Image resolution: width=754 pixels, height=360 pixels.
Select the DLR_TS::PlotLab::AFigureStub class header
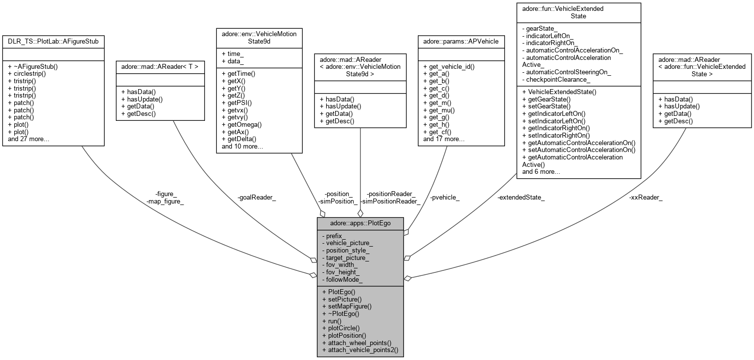[x=53, y=42]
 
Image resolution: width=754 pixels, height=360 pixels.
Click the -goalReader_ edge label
[x=256, y=198]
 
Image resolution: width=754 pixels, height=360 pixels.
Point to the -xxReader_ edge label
[x=646, y=198]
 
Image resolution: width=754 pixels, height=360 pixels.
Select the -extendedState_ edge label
[x=521, y=198]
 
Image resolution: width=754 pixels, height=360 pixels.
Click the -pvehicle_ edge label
[x=445, y=198]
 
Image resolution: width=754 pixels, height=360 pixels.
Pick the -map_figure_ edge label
[x=165, y=202]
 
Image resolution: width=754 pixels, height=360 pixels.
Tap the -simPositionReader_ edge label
[x=390, y=202]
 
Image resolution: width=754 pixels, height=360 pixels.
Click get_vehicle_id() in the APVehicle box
[x=449, y=66]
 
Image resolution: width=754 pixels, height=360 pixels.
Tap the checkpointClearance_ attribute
[x=557, y=79]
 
